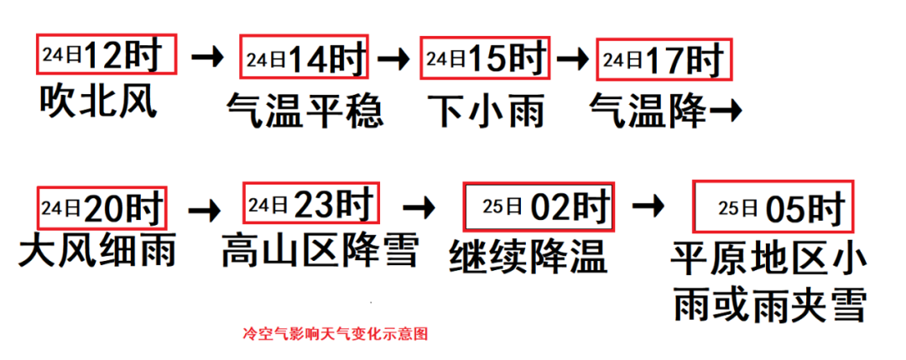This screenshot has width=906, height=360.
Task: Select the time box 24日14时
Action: pyautogui.click(x=305, y=58)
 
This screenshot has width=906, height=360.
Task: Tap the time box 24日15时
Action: pyautogui.click(x=484, y=58)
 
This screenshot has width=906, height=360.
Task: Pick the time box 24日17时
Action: pyautogui.click(x=663, y=58)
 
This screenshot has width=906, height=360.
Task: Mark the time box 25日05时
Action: pyautogui.click(x=773, y=206)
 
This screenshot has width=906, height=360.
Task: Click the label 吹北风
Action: pyautogui.click(x=98, y=102)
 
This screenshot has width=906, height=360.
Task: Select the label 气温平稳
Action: pyautogui.click(x=305, y=109)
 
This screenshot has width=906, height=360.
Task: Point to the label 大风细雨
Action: pyautogui.click(x=97, y=251)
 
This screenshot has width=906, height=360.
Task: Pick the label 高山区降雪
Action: pyautogui.click(x=320, y=250)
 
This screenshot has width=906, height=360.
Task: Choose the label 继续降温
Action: pyautogui.click(x=528, y=255)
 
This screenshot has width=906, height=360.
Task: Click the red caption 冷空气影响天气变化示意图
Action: pyautogui.click(x=335, y=333)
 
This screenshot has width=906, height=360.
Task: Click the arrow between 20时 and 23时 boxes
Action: pyautogui.click(x=206, y=206)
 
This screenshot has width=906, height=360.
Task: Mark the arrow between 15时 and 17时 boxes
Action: pyautogui.click(x=573, y=58)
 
